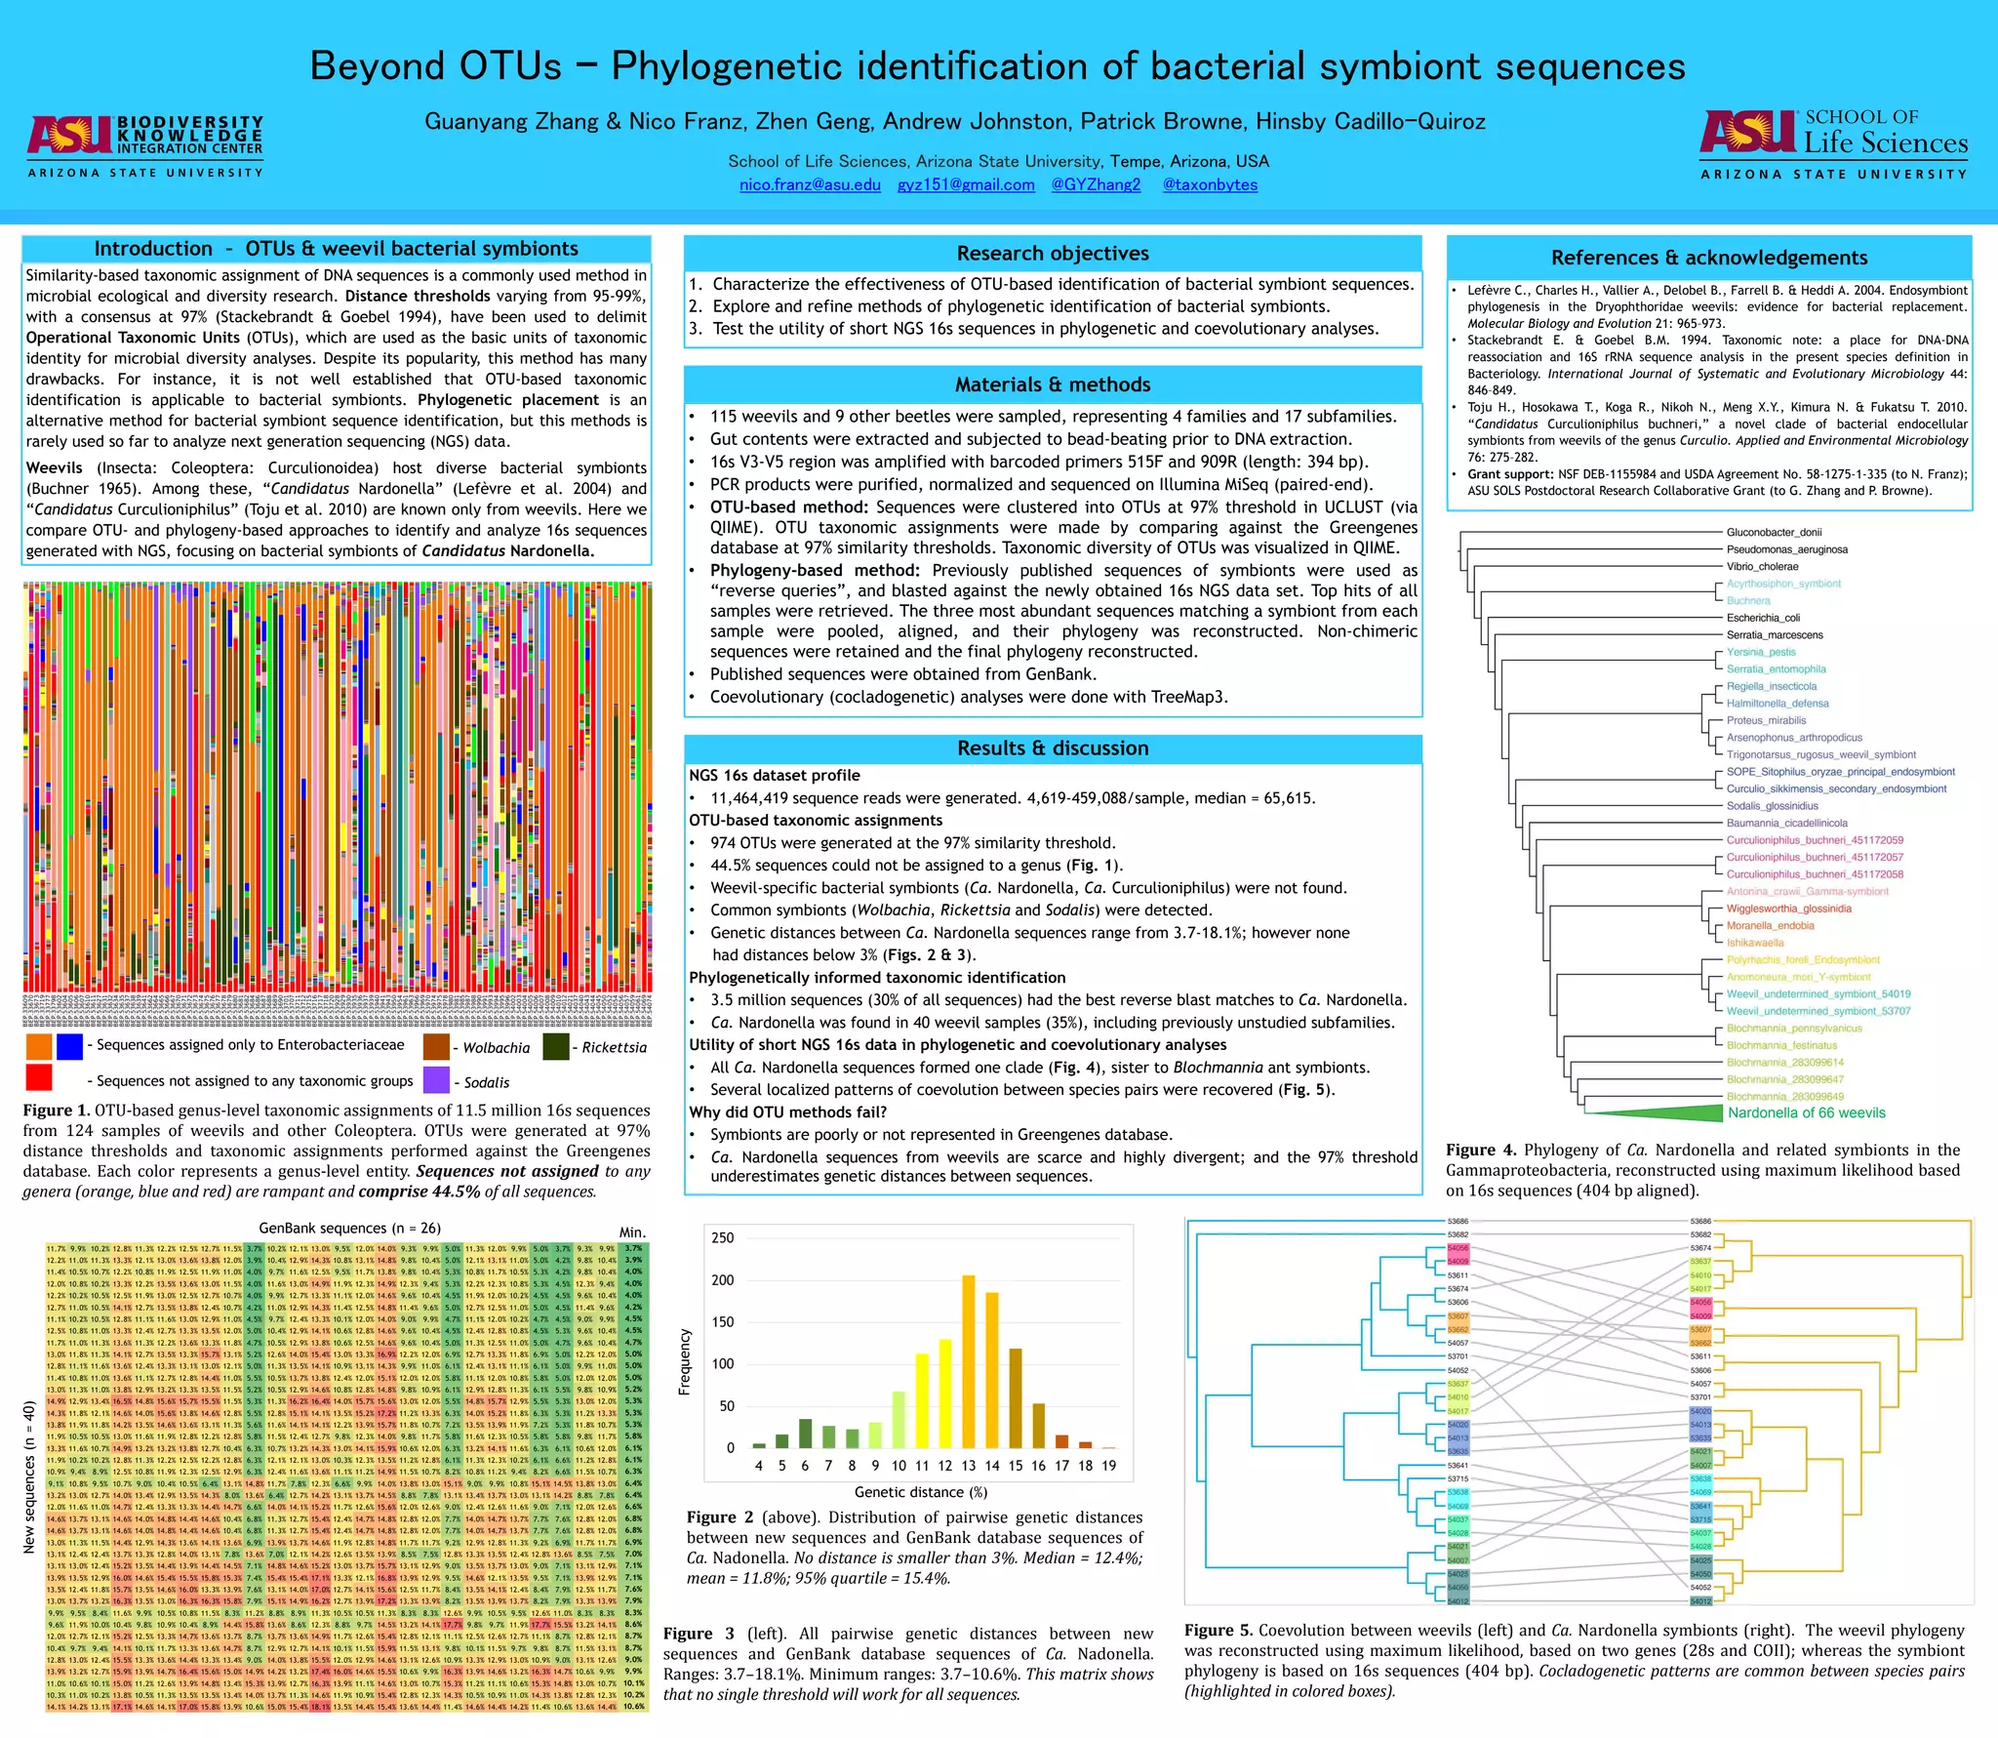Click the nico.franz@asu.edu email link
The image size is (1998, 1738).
[810, 185]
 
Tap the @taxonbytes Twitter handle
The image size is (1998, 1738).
[1210, 185]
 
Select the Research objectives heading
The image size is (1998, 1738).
[1053, 254]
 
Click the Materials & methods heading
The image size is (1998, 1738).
[1053, 384]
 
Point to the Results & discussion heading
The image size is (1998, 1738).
[1053, 748]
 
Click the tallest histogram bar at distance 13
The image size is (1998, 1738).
[969, 1361]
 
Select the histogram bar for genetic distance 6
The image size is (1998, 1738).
[805, 1434]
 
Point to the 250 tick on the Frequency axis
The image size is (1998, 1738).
[723, 1238]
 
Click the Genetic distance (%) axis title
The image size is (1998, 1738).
[921, 1492]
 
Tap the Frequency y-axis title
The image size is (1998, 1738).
[685, 1361]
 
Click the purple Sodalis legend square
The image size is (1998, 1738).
[437, 1080]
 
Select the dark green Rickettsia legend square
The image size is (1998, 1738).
[556, 1046]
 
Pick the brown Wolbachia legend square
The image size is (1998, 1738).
[436, 1046]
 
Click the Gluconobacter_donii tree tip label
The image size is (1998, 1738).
[1774, 533]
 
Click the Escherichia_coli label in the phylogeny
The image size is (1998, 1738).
[1763, 618]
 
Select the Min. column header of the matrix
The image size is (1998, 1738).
[632, 1233]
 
